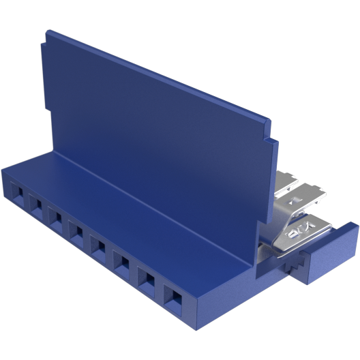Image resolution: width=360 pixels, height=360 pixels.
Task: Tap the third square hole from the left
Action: [55, 218]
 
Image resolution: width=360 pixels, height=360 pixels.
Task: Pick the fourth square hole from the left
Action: [76, 232]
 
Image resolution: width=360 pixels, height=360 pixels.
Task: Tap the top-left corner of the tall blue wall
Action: [46, 31]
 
